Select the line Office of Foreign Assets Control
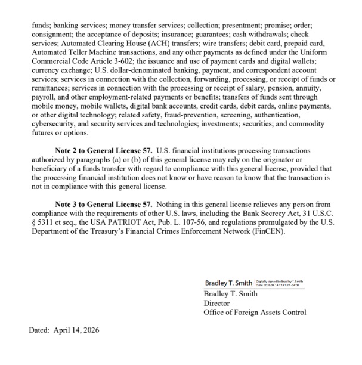point(255,312)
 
